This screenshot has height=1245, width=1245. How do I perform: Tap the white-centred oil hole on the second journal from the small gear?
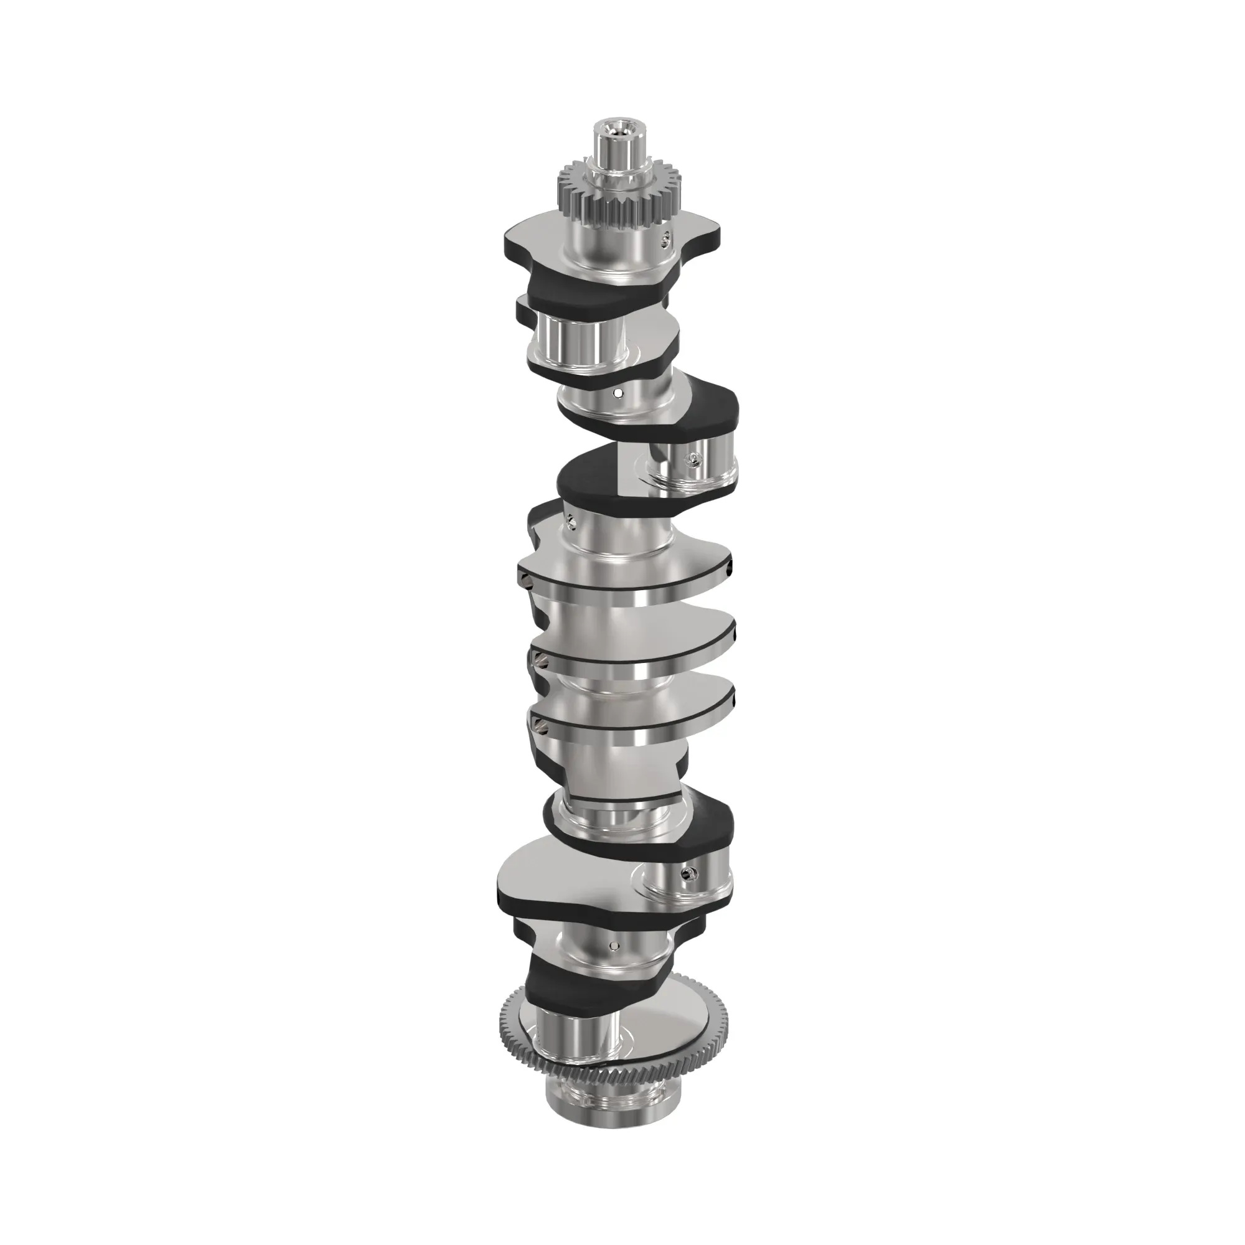click(618, 392)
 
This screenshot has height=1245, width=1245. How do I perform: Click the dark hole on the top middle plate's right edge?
click(728, 570)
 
